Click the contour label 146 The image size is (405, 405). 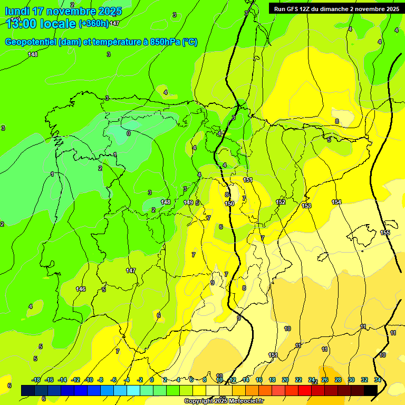pos(81,289)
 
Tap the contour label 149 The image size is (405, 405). pos(188,202)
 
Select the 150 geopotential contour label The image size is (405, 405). pos(229,204)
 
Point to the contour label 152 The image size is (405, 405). pos(281,202)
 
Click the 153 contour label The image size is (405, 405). pos(306,206)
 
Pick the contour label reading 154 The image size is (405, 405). pos(336,202)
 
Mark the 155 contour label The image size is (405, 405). pos(385,233)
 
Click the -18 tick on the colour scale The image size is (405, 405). pos(36,380)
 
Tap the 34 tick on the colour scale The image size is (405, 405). pos(378,380)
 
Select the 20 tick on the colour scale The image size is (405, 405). pos(285,380)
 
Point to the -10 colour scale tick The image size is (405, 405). pos(89,380)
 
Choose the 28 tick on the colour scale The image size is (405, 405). pos(338,380)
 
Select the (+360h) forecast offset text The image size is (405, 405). pos(94,23)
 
